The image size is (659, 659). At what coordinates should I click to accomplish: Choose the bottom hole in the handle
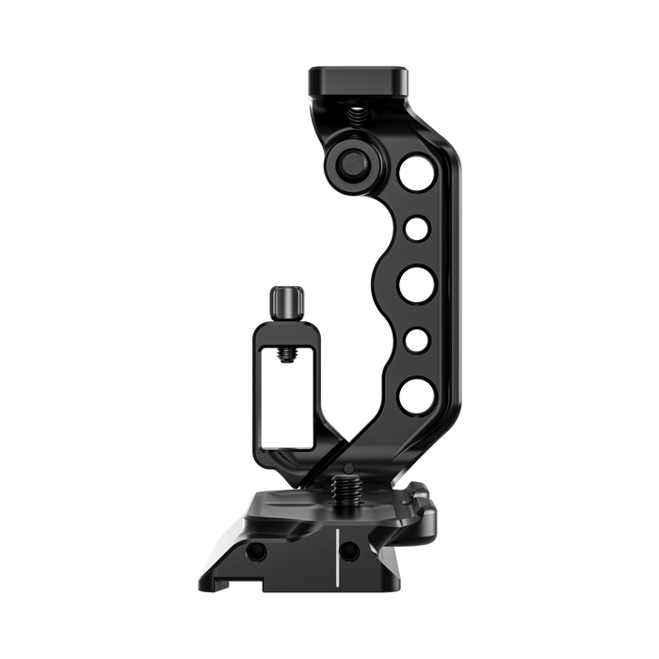coord(415,395)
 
